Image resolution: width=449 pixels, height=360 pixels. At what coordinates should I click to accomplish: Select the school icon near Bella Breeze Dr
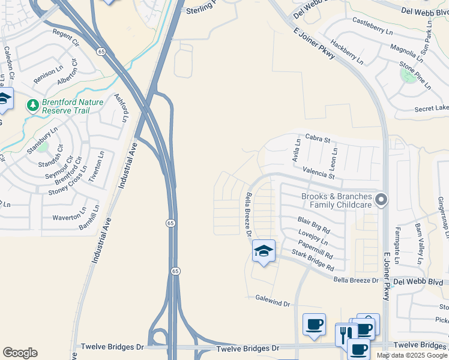click(x=264, y=251)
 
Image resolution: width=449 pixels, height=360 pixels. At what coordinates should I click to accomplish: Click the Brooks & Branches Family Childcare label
click(x=337, y=200)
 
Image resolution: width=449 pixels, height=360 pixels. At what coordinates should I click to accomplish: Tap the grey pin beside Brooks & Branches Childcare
click(x=381, y=200)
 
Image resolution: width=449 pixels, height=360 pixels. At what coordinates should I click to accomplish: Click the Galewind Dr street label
click(x=273, y=301)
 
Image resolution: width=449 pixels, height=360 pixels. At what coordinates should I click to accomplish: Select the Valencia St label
click(x=318, y=173)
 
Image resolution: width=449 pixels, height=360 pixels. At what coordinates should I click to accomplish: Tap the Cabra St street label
click(x=318, y=139)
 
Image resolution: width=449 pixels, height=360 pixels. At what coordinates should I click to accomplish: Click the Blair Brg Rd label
click(x=314, y=225)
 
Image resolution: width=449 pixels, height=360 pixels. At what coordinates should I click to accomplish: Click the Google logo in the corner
click(x=20, y=353)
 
